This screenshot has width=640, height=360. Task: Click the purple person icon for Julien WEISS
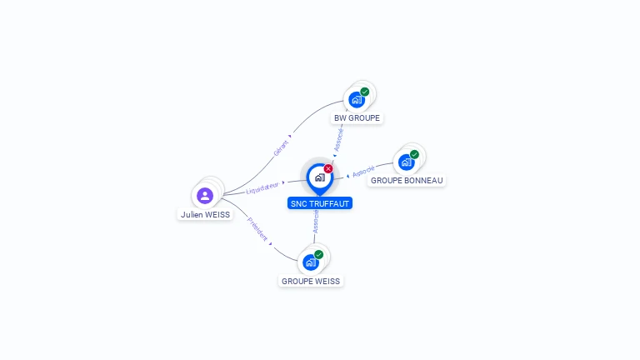coord(205,196)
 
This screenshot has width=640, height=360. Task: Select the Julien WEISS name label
coord(205,214)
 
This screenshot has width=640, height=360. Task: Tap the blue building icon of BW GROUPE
coord(356,100)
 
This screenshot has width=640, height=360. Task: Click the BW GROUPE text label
coord(357,118)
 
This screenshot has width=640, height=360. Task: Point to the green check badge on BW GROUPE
coord(365,92)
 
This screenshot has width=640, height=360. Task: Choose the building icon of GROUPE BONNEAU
coord(406,162)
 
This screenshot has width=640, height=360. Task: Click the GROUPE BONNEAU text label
coord(407,180)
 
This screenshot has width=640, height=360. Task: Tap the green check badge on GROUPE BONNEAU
coord(414,154)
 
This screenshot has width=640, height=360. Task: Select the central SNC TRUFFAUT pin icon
coord(319,177)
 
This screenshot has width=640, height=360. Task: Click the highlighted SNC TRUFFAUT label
coord(320,203)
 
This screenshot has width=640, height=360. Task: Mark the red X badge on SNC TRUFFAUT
coord(328,168)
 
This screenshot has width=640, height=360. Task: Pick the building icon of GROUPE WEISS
coord(310,262)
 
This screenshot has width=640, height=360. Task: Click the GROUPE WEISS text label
coord(311,281)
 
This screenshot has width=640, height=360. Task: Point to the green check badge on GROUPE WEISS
coord(319,254)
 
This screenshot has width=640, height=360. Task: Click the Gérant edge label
coord(281,148)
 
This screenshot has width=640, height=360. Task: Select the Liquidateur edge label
coord(262,188)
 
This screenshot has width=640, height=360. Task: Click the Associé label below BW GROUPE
coord(339,139)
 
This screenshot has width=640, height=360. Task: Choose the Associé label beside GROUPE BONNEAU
coord(363,172)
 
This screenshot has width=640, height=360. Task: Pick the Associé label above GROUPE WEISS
coord(316,222)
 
